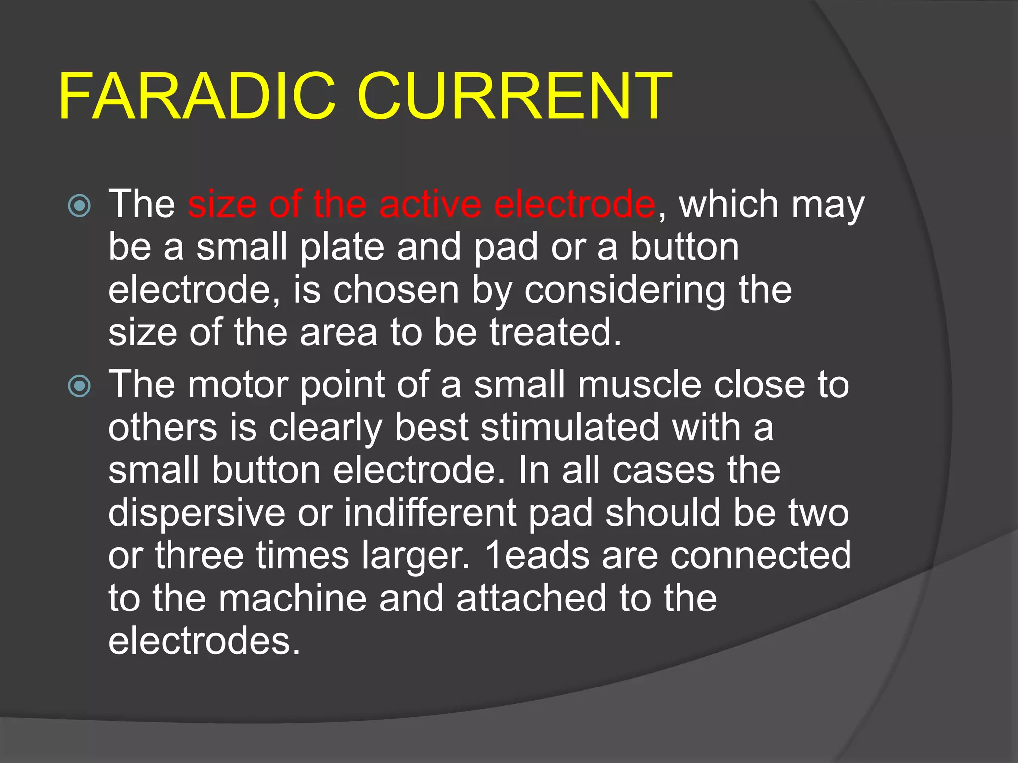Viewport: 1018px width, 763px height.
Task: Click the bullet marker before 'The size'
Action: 80,205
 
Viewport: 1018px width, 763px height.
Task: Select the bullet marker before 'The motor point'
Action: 80,386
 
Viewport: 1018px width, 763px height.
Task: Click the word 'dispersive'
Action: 197,514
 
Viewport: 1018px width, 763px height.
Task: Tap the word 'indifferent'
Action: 430,513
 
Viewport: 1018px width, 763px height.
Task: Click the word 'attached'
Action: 531,599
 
